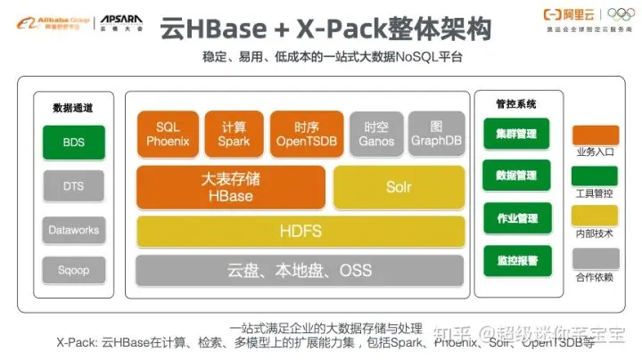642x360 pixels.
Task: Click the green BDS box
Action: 73,143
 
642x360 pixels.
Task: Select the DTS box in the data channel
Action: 73,186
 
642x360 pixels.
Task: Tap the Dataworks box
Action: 73,230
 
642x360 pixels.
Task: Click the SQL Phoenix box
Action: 168,134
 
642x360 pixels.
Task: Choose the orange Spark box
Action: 235,134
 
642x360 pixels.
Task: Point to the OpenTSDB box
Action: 306,134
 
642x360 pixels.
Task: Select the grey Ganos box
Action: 376,134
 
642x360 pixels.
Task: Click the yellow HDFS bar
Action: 300,232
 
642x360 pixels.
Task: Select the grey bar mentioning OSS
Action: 300,270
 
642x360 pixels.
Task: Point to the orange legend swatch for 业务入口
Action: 595,135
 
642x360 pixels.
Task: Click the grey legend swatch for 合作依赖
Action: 595,258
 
